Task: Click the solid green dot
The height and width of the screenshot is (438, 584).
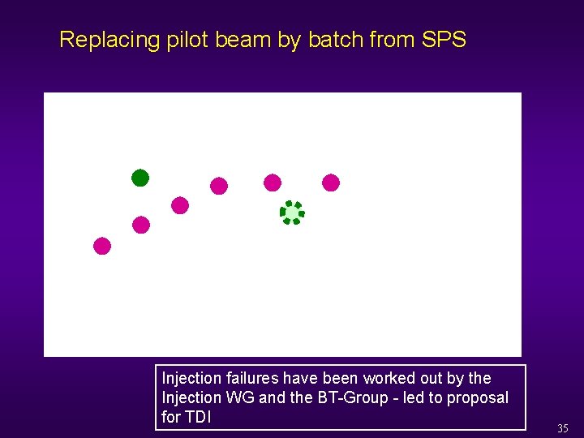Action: click(x=140, y=178)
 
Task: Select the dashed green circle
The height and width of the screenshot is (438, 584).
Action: click(x=292, y=213)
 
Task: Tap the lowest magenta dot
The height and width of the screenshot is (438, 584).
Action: click(x=102, y=246)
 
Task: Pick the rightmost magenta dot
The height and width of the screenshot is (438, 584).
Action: click(x=331, y=182)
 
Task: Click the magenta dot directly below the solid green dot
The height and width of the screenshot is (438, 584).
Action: click(x=141, y=225)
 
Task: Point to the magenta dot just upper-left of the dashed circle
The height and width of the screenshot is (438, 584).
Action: click(x=273, y=182)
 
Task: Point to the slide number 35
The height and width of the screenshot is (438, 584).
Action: click(x=563, y=428)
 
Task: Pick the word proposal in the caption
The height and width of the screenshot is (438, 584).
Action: click(x=478, y=397)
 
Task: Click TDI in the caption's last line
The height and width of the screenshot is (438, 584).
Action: click(x=197, y=417)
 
